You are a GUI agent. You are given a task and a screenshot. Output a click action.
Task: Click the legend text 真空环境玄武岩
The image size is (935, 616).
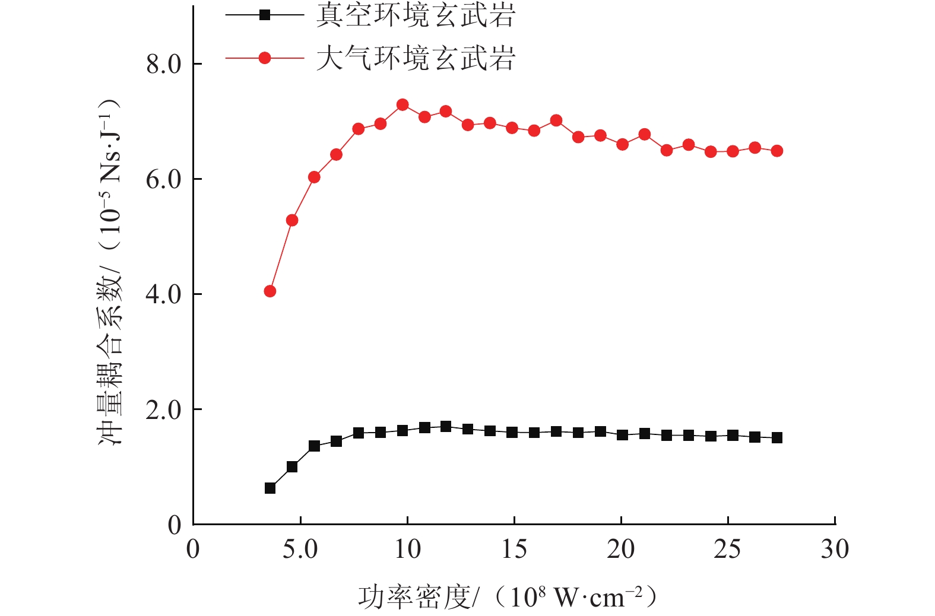pyautogui.click(x=415, y=15)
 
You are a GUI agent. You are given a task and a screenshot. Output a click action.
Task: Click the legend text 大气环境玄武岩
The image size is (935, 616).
pyautogui.click(x=415, y=58)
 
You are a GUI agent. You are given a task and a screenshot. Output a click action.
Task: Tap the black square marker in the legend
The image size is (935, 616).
pyautogui.click(x=265, y=15)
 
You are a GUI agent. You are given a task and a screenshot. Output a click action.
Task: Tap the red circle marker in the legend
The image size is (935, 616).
pyautogui.click(x=265, y=58)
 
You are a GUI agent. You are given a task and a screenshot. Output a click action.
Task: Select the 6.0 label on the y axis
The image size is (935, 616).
pyautogui.click(x=164, y=179)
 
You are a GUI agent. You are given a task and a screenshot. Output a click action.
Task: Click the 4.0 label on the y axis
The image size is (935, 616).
pyautogui.click(x=164, y=294)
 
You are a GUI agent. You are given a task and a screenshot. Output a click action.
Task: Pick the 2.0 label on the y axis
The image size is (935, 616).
pyautogui.click(x=164, y=409)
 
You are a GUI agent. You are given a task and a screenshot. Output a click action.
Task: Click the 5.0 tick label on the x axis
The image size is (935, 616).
pyautogui.click(x=300, y=550)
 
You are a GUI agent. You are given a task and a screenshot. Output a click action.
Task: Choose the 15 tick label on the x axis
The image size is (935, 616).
pyautogui.click(x=514, y=550)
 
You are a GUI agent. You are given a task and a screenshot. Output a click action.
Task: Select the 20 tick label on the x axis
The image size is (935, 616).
pyautogui.click(x=621, y=550)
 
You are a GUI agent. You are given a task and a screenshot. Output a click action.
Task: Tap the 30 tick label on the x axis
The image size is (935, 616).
pyautogui.click(x=835, y=550)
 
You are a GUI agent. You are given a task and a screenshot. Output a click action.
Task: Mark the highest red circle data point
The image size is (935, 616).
pyautogui.click(x=402, y=105)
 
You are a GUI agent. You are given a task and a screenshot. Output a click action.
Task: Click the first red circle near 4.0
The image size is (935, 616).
pyautogui.click(x=270, y=291)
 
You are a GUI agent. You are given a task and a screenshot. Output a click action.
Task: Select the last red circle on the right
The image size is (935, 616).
pyautogui.click(x=776, y=151)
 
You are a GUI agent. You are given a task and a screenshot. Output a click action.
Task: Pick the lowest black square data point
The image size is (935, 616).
pyautogui.click(x=270, y=488)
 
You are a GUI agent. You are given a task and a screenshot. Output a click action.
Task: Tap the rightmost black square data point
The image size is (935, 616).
pyautogui.click(x=776, y=438)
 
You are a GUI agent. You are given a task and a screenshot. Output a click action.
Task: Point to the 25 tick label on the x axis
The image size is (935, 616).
pyautogui.click(x=727, y=550)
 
